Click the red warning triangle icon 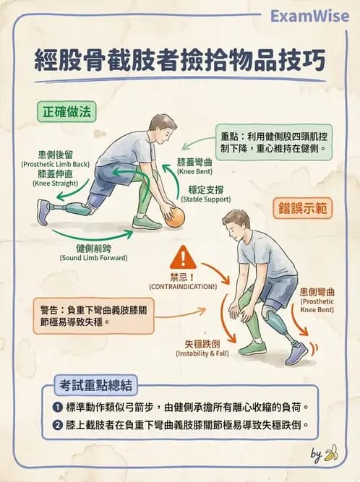point(183,257)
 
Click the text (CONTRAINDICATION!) point(183,287)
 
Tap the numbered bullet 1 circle point(57,406)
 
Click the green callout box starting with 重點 point(273,142)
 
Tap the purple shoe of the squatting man point(296,353)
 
